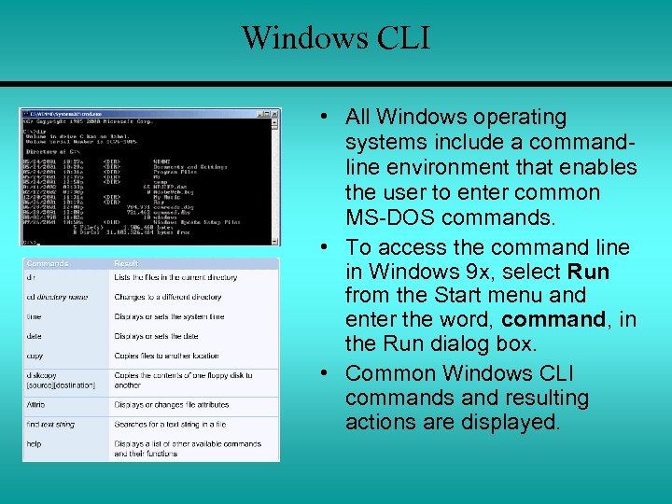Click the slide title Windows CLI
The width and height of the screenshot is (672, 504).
point(336,37)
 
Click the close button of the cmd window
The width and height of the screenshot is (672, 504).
point(274,114)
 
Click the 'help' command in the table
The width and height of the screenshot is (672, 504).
point(35,444)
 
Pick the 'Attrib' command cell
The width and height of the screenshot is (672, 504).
point(36,404)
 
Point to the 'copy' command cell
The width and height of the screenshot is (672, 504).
point(35,356)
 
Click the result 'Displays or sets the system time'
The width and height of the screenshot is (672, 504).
point(169,316)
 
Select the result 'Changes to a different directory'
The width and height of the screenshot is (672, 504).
point(168,297)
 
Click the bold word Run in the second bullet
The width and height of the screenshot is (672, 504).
point(588,272)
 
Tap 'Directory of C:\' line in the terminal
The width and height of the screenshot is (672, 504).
point(52,150)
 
